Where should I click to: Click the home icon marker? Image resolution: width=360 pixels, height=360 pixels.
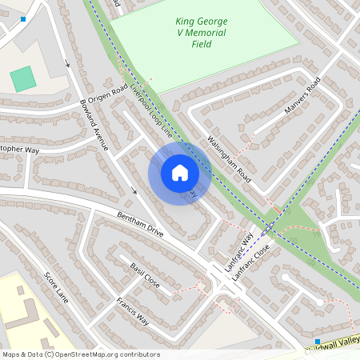coord(180,172)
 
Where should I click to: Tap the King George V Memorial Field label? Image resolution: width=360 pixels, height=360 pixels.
coord(202,32)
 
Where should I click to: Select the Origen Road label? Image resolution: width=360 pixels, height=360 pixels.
coord(108,94)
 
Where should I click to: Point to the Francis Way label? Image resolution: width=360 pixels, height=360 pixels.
coord(133,310)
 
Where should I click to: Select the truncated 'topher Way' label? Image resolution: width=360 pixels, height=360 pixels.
coord(19,150)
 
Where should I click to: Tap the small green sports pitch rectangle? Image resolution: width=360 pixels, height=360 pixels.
coord(23,78)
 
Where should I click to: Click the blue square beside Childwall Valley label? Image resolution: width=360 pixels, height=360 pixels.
coord(318,340)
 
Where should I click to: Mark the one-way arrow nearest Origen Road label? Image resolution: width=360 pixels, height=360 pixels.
coord(67,63)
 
